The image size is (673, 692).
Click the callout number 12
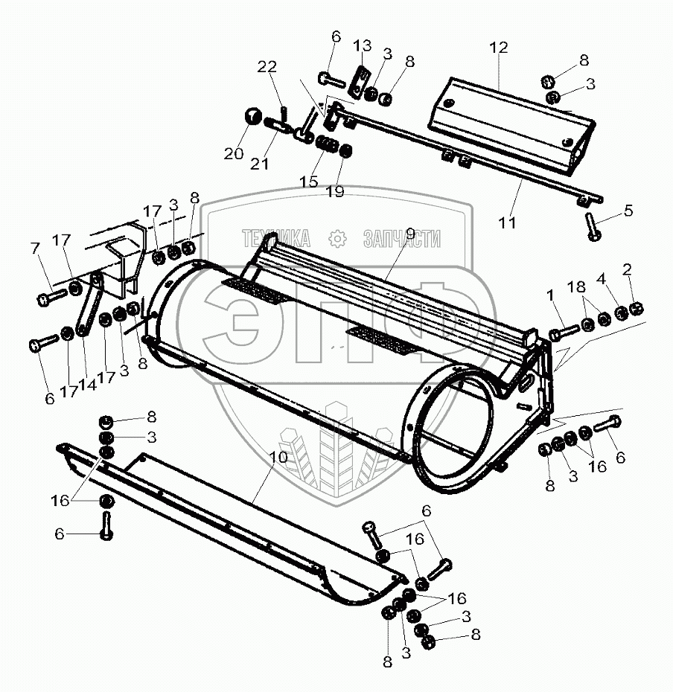[x=498, y=48]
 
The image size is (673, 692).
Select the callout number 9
[x=410, y=234]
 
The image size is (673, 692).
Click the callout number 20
[x=233, y=154]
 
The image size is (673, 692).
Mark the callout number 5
[x=629, y=210]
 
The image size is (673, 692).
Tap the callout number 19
[x=335, y=192]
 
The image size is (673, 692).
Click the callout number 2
[x=627, y=268]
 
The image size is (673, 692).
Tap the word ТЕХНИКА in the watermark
[x=275, y=238]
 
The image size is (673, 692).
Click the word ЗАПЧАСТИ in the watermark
[x=401, y=238]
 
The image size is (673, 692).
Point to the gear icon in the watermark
[x=338, y=238]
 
